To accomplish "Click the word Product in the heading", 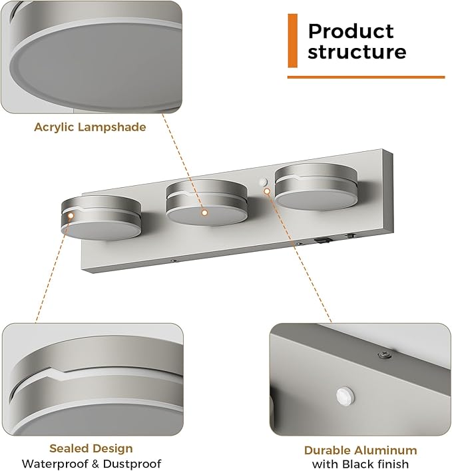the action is [351, 31].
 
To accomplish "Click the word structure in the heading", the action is [357, 51].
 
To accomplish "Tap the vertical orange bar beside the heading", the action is [292, 41].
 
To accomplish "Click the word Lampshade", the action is [112, 127].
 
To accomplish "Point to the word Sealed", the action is [69, 448].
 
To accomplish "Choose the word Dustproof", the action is [132, 464].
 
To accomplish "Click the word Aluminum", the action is [385, 450].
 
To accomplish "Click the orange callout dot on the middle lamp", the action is [204, 213].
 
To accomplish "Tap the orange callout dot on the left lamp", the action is [71, 215].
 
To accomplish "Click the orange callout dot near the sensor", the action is [267, 191].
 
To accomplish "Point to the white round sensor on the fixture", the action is [263, 182].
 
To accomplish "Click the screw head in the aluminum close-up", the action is [385, 354].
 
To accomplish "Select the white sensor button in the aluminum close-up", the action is [345, 396].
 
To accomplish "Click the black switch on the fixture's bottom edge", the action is [323, 240].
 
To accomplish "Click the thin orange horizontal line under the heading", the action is [366, 77].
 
